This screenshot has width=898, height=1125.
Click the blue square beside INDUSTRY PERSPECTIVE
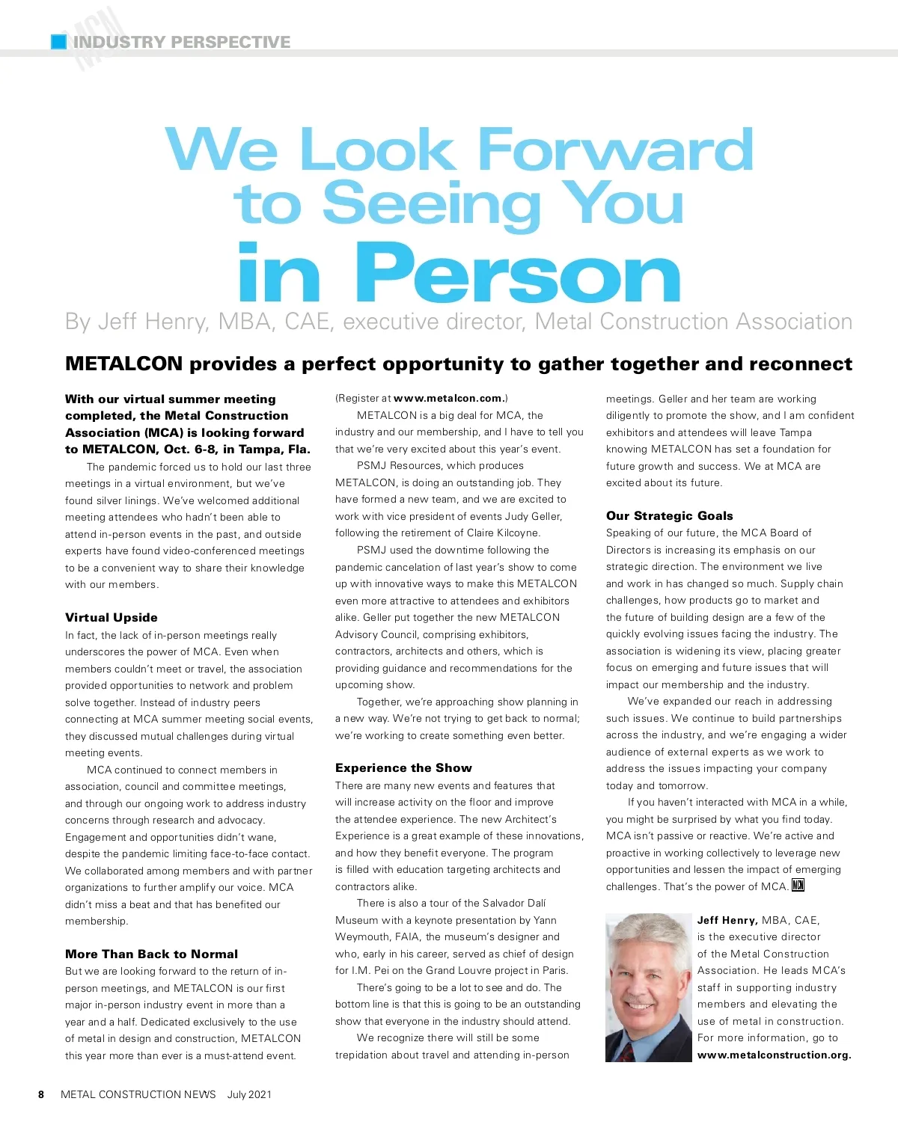click(x=58, y=42)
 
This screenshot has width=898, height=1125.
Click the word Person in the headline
click(x=516, y=275)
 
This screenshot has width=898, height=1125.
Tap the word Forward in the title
click(x=614, y=150)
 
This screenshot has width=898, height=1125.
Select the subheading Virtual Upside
click(x=112, y=617)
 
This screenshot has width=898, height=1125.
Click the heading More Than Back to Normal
click(x=151, y=954)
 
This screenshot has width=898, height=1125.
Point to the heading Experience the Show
click(x=403, y=767)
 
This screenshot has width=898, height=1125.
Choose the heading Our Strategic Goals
click(x=669, y=515)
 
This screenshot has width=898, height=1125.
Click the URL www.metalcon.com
click(x=448, y=399)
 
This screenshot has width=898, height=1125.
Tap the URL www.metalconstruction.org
click(x=774, y=1055)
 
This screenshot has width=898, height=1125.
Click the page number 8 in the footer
click(x=41, y=1094)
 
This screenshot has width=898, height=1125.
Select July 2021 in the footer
click(x=249, y=1094)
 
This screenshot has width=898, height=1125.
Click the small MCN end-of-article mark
click(x=798, y=886)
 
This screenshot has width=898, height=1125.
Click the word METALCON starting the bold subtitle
click(x=123, y=364)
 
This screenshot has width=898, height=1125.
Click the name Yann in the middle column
click(x=545, y=920)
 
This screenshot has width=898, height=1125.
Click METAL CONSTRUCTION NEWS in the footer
click(x=138, y=1094)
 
